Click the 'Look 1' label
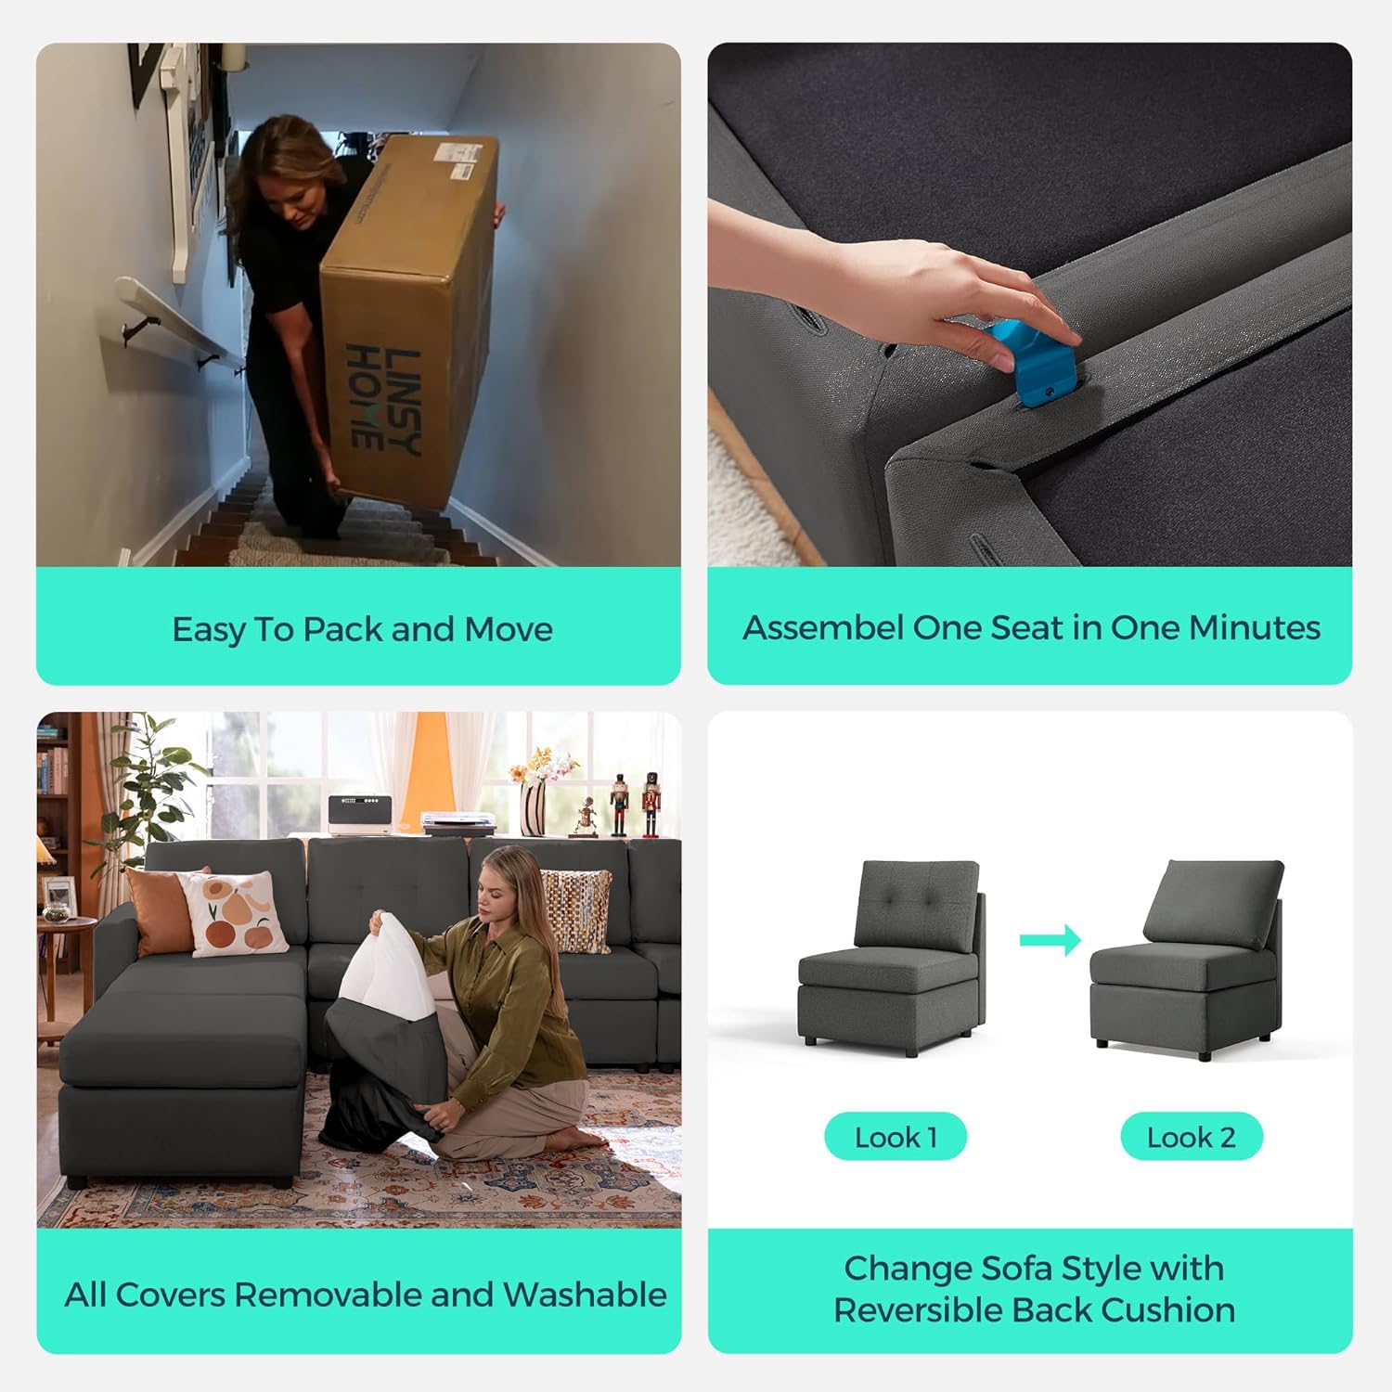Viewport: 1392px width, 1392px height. point(896,1137)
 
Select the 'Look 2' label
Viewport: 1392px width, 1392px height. point(1191,1137)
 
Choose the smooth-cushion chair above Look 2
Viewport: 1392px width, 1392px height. point(1186,960)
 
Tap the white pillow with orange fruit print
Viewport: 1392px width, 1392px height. point(235,914)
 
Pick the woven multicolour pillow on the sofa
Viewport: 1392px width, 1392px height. point(575,909)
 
